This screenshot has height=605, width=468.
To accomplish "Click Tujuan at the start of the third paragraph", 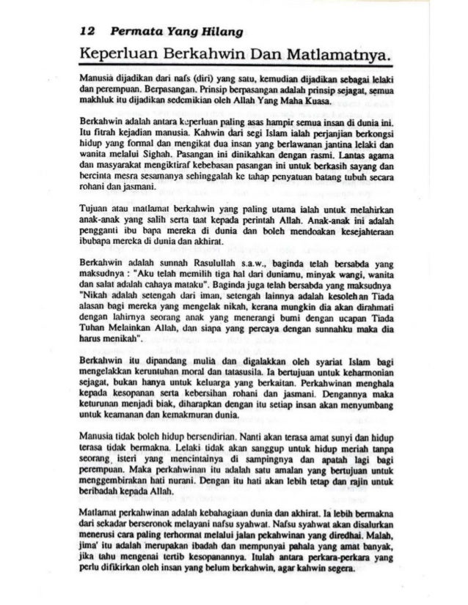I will pos(98,209).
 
